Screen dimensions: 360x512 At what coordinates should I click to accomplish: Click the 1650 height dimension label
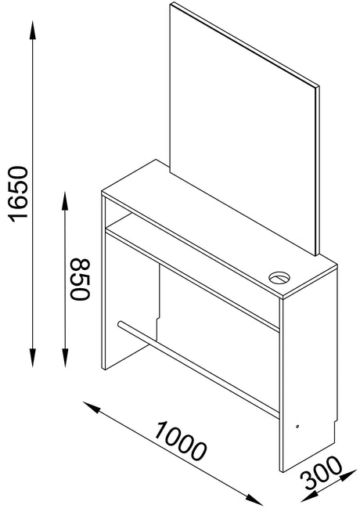pos(18,194)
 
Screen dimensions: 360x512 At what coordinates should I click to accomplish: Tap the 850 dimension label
pos(80,279)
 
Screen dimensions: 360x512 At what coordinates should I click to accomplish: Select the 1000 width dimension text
pos(180,441)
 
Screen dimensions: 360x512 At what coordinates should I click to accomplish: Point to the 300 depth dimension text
pos(322,474)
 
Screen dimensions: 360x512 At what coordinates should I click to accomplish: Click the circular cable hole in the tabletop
pos(279,278)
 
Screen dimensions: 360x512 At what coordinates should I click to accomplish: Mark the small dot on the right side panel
pos(297,426)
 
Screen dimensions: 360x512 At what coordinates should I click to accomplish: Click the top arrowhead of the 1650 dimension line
pos(33,30)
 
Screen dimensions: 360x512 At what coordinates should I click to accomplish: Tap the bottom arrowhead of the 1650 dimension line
pos(33,358)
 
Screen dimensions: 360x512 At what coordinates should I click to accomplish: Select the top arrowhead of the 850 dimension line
pos(65,201)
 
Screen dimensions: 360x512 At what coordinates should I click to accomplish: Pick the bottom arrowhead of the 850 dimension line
pos(65,358)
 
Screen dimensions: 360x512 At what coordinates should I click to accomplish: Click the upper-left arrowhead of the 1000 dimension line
pos(92,407)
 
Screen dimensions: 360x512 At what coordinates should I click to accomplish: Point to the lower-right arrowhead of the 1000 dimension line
pos(254,499)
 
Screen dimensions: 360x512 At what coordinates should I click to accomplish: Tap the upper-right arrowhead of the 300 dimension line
pos(348,475)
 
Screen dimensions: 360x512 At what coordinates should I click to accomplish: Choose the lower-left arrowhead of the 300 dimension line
pos(309,497)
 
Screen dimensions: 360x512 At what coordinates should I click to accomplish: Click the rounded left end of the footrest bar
pos(120,324)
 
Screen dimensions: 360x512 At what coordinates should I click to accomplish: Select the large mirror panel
pos(244,129)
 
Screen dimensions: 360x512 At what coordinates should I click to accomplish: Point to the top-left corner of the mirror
pos(171,2)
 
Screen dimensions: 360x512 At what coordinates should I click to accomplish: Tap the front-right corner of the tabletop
pos(283,297)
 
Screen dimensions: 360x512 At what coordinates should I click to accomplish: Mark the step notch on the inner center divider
pos(158,318)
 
